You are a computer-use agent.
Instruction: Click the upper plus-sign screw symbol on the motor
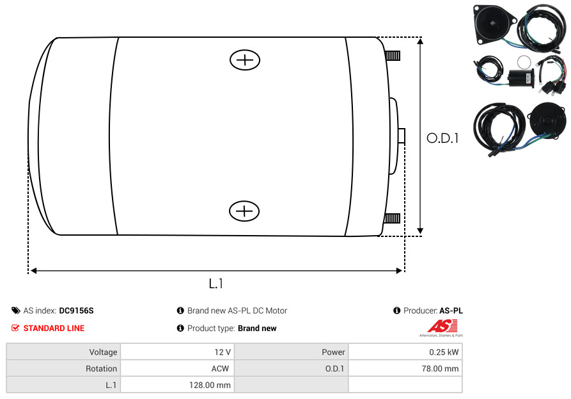[x=245, y=60]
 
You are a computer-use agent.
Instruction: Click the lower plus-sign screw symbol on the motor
[x=244, y=211]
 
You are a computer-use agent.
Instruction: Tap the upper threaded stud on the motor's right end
[x=393, y=56]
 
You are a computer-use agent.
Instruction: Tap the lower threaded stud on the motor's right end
[x=392, y=218]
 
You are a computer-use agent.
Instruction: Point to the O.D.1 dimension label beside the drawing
[x=442, y=138]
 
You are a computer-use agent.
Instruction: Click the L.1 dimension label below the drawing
[x=216, y=283]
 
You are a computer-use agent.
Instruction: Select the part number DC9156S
[x=76, y=311]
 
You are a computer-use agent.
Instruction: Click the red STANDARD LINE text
[x=54, y=329]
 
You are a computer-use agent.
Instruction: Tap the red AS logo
[x=442, y=326]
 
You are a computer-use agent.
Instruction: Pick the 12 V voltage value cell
[x=177, y=352]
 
